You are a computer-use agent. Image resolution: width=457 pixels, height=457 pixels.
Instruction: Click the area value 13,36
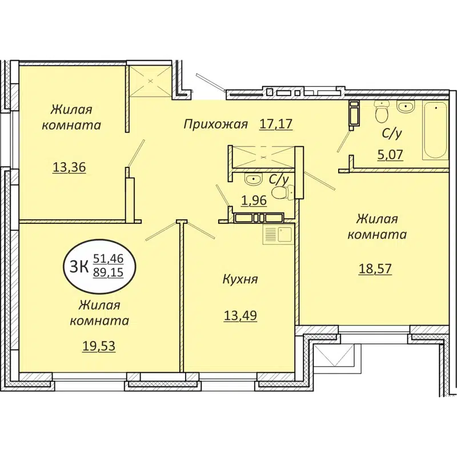69,167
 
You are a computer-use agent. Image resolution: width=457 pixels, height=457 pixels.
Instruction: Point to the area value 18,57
375,268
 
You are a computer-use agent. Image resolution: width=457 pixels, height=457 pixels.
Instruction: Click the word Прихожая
216,124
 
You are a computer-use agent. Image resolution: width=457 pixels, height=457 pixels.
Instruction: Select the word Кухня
240,279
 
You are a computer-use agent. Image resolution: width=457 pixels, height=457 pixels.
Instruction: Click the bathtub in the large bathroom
435,130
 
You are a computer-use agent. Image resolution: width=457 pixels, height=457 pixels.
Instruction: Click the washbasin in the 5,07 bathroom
406,106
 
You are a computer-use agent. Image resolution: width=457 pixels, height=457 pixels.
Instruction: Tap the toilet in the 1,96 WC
279,193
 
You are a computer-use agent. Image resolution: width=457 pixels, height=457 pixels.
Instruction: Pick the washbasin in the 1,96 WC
252,179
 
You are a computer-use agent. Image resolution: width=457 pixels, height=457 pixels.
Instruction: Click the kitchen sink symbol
278,234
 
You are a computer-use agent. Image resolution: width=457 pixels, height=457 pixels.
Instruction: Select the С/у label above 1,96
278,179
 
